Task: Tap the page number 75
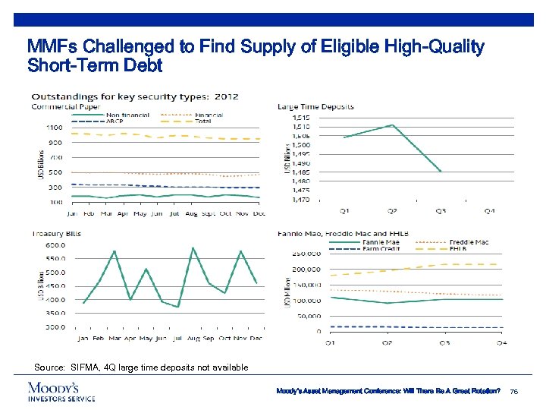[516, 391]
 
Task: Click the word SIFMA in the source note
[83, 367]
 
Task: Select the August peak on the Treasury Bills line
[193, 248]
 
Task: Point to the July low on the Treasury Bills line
[177, 307]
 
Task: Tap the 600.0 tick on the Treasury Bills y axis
[55, 244]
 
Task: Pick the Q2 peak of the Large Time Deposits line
[391, 125]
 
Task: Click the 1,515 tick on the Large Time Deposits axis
[300, 117]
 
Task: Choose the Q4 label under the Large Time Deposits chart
[490, 210]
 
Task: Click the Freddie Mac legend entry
[472, 242]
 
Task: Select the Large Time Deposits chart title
[315, 107]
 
